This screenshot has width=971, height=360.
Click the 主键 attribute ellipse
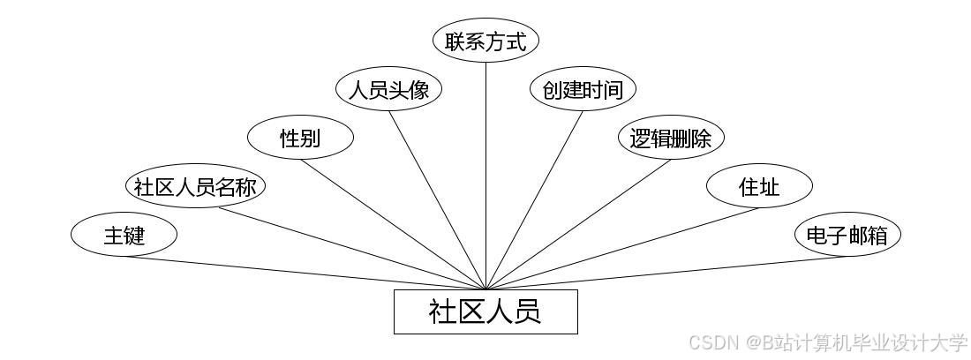[124, 236]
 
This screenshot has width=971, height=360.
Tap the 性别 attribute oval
[300, 139]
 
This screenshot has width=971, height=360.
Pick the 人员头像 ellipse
[388, 90]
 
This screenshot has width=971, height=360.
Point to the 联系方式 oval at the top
[485, 41]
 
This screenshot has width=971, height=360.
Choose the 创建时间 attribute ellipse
[583, 90]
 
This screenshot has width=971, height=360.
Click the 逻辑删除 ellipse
[671, 139]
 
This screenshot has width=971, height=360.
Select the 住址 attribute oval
[759, 187]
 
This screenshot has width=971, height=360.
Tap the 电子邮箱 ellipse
[847, 236]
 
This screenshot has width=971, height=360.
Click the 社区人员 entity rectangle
[485, 311]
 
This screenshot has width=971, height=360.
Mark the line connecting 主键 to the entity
[305, 273]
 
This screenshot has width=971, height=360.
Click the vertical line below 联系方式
[485, 176]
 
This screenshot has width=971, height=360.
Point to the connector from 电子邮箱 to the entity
[666, 273]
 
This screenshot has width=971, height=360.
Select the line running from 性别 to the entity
[393, 224]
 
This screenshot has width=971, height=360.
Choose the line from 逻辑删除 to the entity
[578, 224]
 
